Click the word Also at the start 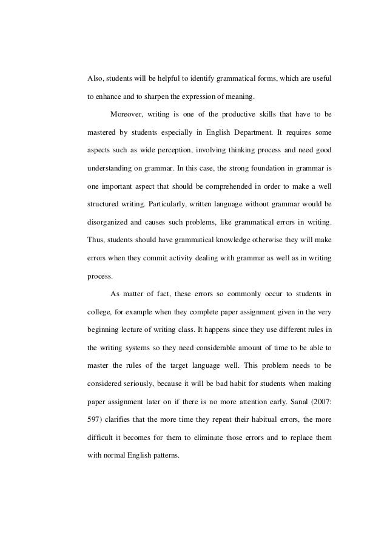point(96,79)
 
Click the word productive point(227,113)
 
